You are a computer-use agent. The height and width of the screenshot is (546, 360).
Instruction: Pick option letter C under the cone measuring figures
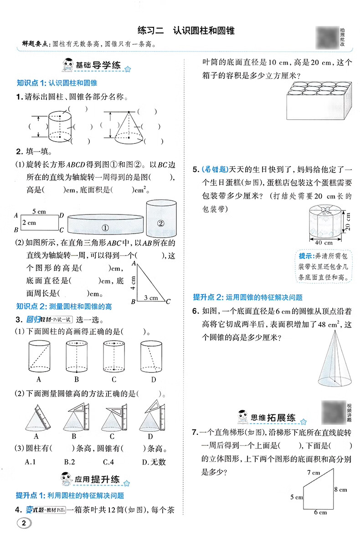click(114, 434)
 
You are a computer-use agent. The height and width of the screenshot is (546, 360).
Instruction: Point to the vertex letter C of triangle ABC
click(168, 301)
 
